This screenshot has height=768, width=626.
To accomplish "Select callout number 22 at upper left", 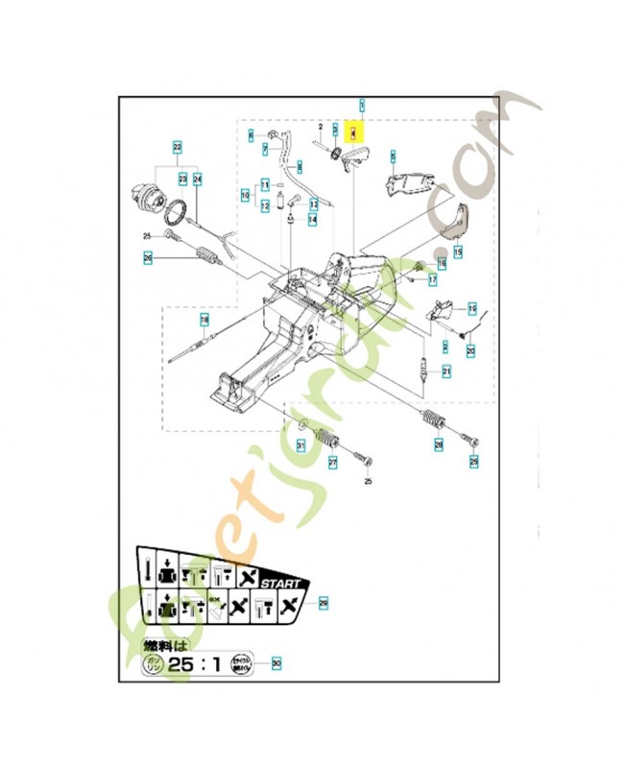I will pyautogui.click(x=177, y=147).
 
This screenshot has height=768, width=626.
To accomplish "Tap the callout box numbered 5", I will pyautogui.click(x=393, y=154).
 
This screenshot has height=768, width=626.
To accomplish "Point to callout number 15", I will pyautogui.click(x=457, y=252).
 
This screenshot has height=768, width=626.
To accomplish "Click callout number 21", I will pyautogui.click(x=445, y=372).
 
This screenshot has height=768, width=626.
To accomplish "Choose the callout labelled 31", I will pyautogui.click(x=300, y=444).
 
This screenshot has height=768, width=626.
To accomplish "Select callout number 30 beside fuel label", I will pyautogui.click(x=277, y=661).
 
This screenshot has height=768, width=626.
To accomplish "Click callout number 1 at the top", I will pyautogui.click(x=361, y=103).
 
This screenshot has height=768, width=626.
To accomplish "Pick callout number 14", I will pyautogui.click(x=313, y=219).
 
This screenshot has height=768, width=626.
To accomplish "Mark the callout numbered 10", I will pyautogui.click(x=246, y=196).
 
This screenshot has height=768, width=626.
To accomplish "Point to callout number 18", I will pyautogui.click(x=204, y=319).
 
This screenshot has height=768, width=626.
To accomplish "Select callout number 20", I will pyautogui.click(x=470, y=351).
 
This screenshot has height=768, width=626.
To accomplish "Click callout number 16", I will pyautogui.click(x=443, y=262).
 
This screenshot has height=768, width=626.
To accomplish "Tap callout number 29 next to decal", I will pyautogui.click(x=324, y=603).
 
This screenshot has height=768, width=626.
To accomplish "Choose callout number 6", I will pyautogui.click(x=251, y=134).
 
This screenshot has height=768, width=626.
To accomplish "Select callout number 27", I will pyautogui.click(x=333, y=462).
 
